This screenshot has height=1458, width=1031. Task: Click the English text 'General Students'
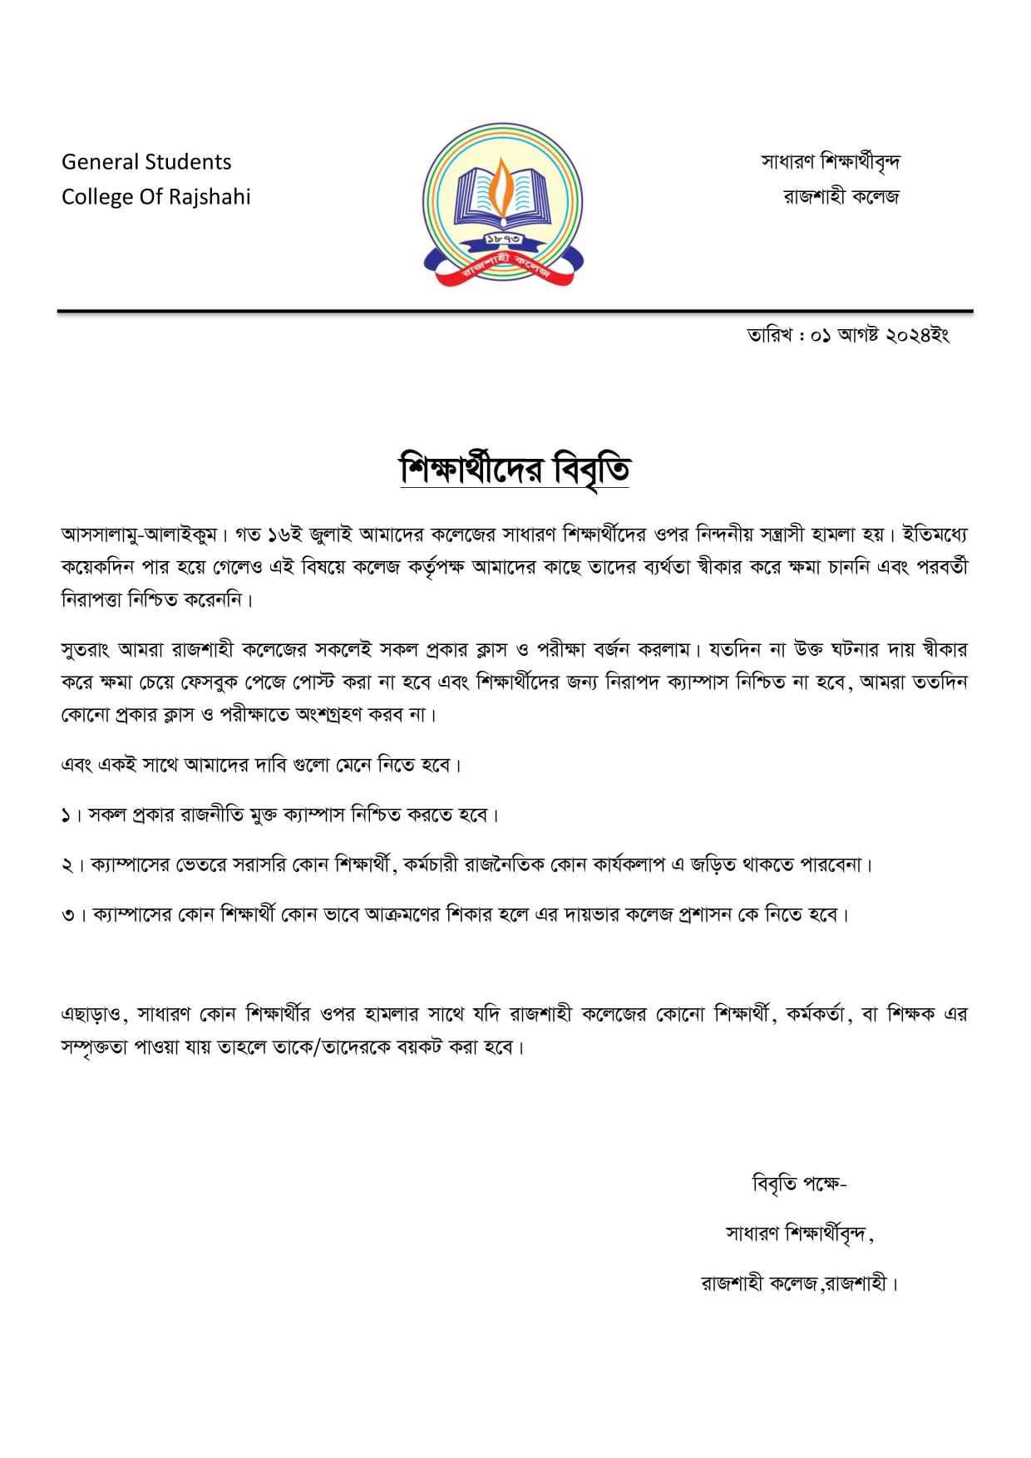pyautogui.click(x=146, y=161)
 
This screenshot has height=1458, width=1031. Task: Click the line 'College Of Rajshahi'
pyautogui.click(x=155, y=197)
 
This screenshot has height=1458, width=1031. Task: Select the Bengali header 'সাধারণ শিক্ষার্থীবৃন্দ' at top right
pyautogui.click(x=831, y=161)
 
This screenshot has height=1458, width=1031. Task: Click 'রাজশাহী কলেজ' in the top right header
pyautogui.click(x=841, y=197)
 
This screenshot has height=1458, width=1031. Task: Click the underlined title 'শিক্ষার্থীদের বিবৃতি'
pyautogui.click(x=515, y=470)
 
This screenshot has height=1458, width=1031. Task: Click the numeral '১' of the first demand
pyautogui.click(x=67, y=815)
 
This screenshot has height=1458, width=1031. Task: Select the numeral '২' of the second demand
pyautogui.click(x=67, y=865)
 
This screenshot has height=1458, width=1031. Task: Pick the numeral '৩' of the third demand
pyautogui.click(x=67, y=915)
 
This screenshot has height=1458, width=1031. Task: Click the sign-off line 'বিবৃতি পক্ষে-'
pyautogui.click(x=798, y=1184)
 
